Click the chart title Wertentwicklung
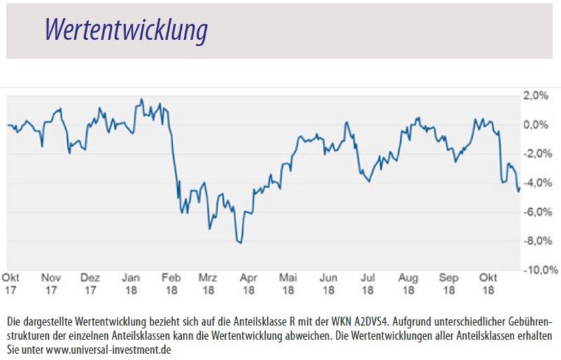[125, 31]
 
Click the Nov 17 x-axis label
[51, 283]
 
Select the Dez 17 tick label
[90, 283]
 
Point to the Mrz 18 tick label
[208, 283]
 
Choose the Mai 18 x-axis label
[288, 283]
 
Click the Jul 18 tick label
[368, 283]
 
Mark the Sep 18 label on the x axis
[448, 283]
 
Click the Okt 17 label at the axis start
[11, 283]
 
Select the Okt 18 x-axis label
[488, 283]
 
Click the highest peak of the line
[141, 100]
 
